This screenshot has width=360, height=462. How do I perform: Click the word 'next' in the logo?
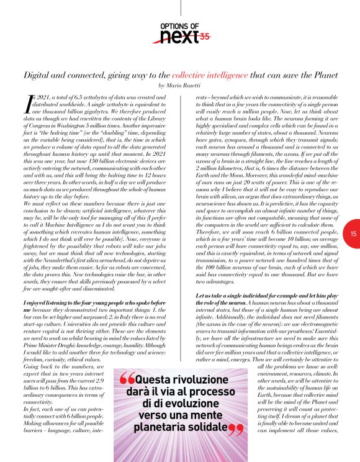coord(178,38)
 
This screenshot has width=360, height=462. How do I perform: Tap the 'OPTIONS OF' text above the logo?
coord(179,25)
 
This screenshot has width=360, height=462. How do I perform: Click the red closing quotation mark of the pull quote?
coord(236,431)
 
